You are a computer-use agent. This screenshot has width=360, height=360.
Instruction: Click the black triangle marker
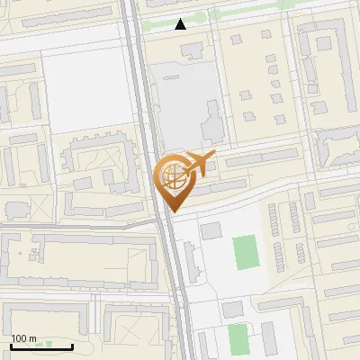[x=181, y=24]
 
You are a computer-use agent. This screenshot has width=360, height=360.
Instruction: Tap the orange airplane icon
[x=200, y=164]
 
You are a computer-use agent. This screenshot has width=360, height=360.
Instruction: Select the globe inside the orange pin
[x=171, y=175]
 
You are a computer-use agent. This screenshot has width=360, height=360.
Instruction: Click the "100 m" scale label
[x=23, y=338]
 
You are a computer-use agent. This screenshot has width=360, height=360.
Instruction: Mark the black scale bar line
[x=41, y=346]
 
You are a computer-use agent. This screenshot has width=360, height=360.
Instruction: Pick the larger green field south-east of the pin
[x=245, y=253]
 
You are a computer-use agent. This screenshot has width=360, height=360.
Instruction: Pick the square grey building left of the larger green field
[x=211, y=231]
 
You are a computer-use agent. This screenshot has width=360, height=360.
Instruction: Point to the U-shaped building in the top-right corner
[x=324, y=63]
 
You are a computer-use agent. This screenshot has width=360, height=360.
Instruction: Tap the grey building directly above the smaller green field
[x=232, y=310]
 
